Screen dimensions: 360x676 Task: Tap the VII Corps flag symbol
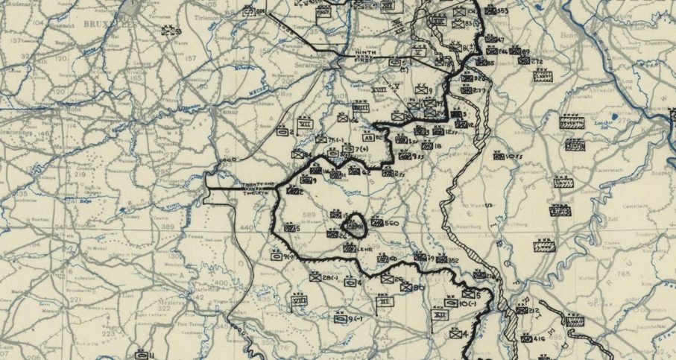point(305,124)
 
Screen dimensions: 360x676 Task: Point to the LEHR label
point(364,249)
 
